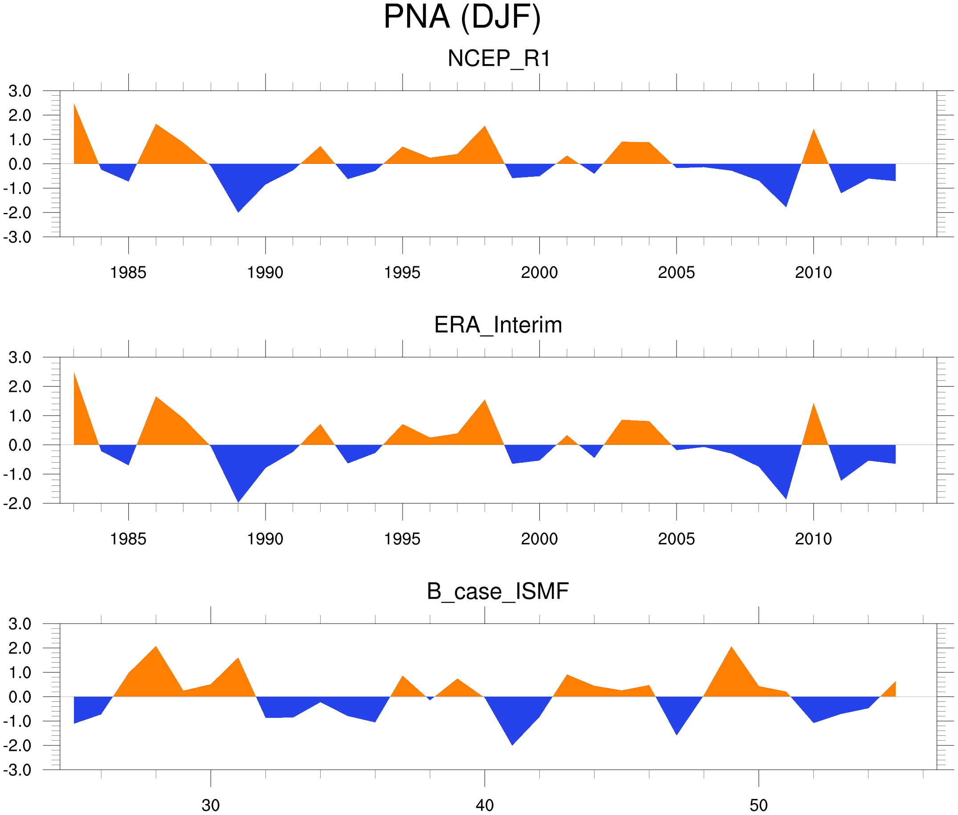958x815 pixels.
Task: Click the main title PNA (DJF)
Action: tap(462, 17)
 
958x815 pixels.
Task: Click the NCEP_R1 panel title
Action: tap(499, 59)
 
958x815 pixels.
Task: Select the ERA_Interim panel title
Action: tap(498, 325)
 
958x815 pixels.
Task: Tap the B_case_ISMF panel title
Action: tap(497, 591)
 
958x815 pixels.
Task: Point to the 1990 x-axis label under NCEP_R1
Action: tap(265, 273)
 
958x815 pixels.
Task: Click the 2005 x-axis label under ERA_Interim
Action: tap(676, 539)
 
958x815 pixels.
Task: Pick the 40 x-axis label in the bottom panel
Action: tap(485, 805)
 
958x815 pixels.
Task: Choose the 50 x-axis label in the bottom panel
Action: tap(758, 805)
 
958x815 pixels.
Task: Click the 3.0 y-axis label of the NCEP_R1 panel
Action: tap(20, 91)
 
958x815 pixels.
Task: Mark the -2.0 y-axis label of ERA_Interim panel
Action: tap(17, 504)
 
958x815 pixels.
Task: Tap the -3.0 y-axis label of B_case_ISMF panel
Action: tap(17, 770)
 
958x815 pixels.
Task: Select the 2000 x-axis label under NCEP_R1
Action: tap(539, 273)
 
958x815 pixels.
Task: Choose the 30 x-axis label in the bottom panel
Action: tap(211, 805)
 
